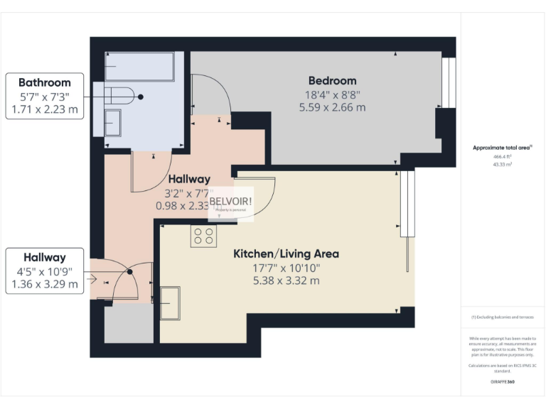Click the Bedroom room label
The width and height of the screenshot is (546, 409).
coord(332,80)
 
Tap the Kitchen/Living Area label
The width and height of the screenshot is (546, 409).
coord(286,253)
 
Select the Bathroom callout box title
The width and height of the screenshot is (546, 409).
coord(44,82)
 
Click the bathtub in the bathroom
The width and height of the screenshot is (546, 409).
coord(140,67)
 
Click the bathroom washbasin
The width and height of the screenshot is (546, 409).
coord(112,123)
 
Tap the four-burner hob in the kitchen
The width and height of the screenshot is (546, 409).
coord(203,236)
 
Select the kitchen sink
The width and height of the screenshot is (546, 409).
coord(170,302)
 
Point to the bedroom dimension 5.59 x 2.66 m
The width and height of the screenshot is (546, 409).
coord(332,108)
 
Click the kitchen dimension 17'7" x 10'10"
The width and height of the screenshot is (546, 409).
coord(286,268)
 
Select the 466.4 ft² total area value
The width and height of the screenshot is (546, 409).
coord(502,156)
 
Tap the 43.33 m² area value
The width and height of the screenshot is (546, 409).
coord(502,164)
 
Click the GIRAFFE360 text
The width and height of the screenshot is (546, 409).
coord(502,382)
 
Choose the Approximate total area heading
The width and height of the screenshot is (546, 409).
coord(502,148)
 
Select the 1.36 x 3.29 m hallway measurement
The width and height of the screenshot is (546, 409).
coord(44,285)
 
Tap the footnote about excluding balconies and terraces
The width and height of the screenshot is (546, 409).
coord(502,317)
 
